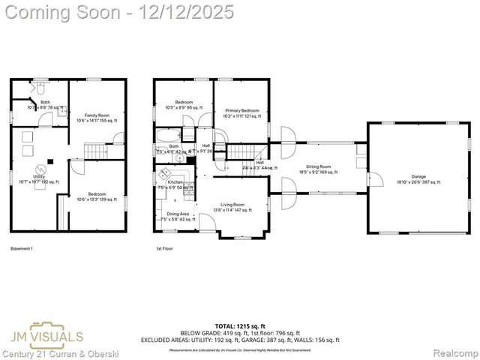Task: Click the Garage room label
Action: click(418, 177)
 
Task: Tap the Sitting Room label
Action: click(322, 168)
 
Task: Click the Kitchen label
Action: click(175, 182)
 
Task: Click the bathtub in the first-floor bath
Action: click(166, 136)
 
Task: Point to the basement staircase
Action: click(96, 151)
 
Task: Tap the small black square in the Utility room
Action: click(50, 160)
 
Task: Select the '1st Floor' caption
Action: click(164, 248)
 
